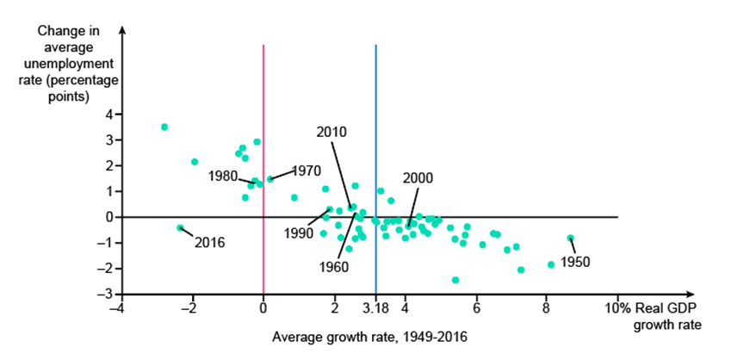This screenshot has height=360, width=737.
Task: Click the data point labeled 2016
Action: tap(180, 227)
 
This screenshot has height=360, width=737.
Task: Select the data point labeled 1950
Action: tap(570, 238)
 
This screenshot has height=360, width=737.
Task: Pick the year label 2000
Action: tap(418, 178)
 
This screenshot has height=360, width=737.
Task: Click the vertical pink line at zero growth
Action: tap(263, 129)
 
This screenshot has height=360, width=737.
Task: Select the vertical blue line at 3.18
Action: tap(375, 129)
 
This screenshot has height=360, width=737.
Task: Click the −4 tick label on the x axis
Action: tap(121, 307)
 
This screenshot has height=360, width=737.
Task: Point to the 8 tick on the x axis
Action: tap(546, 307)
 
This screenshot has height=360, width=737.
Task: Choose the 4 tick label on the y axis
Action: tap(109, 115)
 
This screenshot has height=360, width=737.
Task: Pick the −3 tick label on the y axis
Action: tap(107, 295)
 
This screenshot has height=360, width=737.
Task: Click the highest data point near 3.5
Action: tap(164, 127)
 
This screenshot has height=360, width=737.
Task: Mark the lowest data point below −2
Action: tap(455, 280)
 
